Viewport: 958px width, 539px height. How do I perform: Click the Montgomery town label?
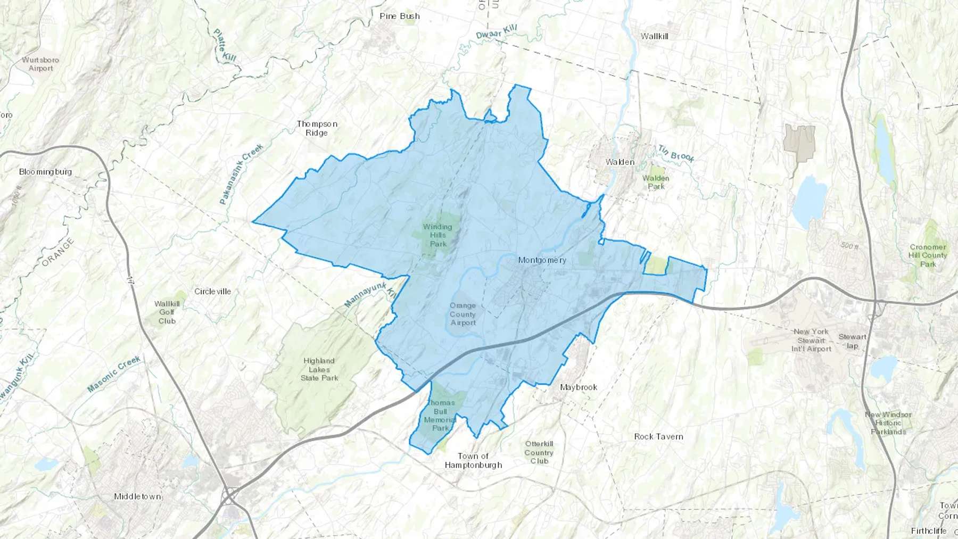[x=542, y=260]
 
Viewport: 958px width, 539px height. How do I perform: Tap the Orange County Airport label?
[x=463, y=314]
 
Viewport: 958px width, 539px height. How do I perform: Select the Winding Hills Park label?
[x=437, y=235]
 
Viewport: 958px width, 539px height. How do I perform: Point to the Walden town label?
[x=620, y=162]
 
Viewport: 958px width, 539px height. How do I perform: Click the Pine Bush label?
[x=400, y=16]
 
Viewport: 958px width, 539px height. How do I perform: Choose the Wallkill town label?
[x=654, y=36]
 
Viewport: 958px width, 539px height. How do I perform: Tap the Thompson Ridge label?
[x=317, y=128]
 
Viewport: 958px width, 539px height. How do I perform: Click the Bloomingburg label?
[x=45, y=171]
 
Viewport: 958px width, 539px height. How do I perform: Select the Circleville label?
[x=212, y=292]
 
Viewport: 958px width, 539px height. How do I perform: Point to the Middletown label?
[x=137, y=496]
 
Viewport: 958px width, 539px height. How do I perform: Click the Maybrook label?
[x=579, y=387]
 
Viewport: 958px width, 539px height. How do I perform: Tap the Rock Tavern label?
[x=658, y=436]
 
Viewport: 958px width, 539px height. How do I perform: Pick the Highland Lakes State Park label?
[x=319, y=369]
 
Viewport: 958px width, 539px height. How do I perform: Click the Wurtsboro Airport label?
[x=40, y=64]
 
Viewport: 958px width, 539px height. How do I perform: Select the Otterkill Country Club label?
[x=539, y=452]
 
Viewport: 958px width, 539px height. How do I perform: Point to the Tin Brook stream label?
[x=676, y=153]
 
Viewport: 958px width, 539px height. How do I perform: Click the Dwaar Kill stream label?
[x=496, y=31]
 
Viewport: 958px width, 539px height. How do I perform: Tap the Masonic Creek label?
[x=114, y=374]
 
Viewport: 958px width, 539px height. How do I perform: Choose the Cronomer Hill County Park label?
[x=928, y=255]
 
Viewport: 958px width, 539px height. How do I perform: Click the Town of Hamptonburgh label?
[x=473, y=460]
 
